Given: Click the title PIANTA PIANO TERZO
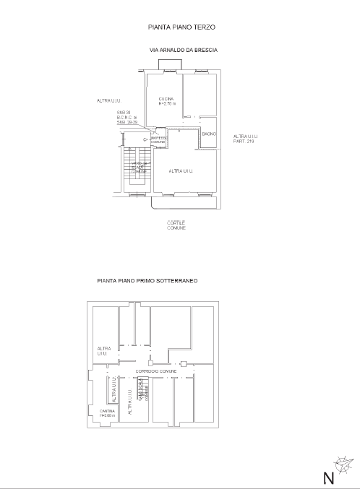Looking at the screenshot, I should [181, 27].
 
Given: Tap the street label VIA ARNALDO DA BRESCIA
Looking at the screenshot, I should [184, 51].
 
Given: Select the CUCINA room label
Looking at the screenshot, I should [166, 98].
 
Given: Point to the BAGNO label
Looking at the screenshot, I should [209, 135].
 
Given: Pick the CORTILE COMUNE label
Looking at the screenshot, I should [176, 225].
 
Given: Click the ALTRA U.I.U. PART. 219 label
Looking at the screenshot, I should [246, 139].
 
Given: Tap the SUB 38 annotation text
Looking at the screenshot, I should [123, 113].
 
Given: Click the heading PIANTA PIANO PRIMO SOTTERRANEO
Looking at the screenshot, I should [147, 280].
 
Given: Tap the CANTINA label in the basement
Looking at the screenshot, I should [106, 411].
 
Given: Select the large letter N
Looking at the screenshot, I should [329, 477].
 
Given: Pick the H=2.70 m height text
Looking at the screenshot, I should [167, 104].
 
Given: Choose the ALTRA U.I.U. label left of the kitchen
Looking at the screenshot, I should [108, 100].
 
